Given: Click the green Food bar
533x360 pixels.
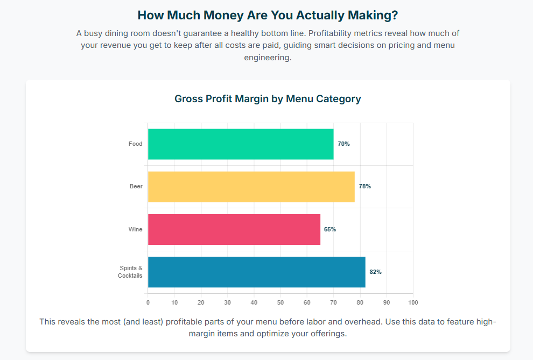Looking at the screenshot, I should tap(241, 144).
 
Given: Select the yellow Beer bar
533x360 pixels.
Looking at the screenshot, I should tap(251, 187).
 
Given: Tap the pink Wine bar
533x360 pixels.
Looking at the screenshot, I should tap(234, 229).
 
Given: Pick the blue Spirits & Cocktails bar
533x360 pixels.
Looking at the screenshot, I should tap(256, 272).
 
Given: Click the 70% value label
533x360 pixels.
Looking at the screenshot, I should tap(343, 144).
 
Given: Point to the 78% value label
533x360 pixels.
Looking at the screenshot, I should tap(365, 187).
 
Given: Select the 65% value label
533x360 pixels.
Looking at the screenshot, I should tap(330, 229).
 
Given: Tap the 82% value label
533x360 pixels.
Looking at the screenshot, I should tap(375, 272).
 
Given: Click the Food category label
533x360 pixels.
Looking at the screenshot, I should tap(135, 144).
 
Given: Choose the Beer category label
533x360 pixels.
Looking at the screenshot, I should tap(136, 187).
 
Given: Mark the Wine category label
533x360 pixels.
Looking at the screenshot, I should tap(135, 229).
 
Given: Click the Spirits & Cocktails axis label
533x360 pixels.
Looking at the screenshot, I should tap(130, 272).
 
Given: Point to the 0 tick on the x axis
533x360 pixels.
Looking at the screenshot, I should tap(148, 302).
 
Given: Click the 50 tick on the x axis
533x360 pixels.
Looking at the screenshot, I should tap(280, 302).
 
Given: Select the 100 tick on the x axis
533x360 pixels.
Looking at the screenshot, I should tap(413, 302).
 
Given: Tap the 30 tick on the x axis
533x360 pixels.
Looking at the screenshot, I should tap(228, 302).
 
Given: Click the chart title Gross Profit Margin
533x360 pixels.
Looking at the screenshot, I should tap(268, 99).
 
